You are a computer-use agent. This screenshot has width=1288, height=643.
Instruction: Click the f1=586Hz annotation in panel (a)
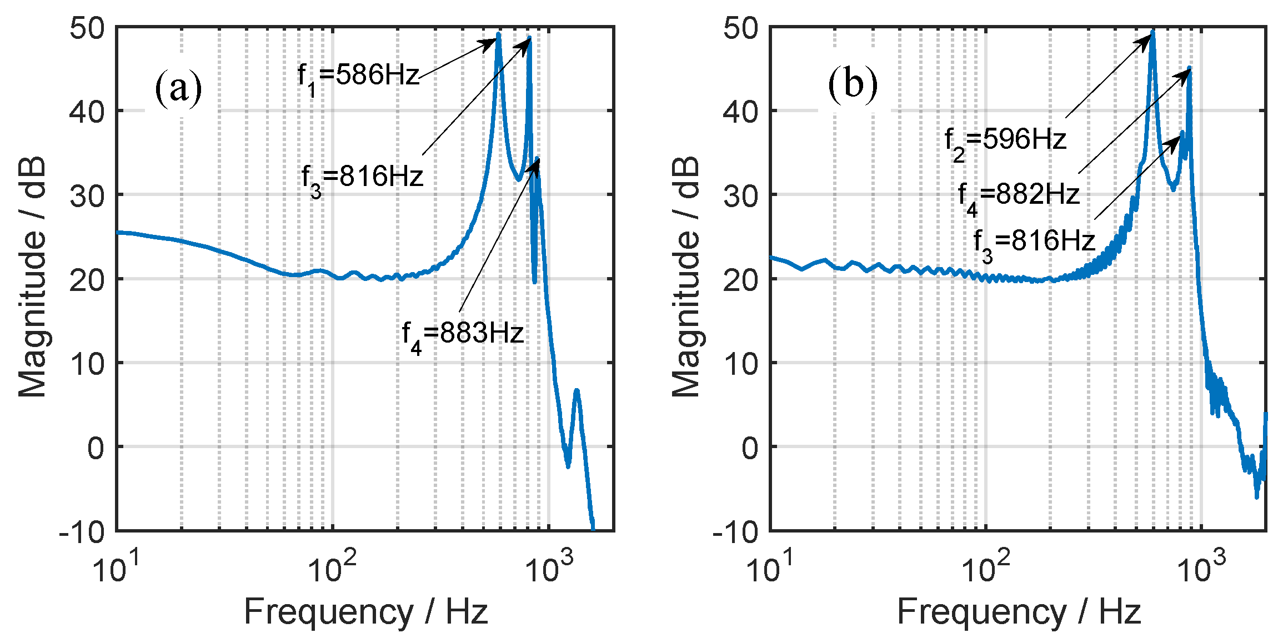point(358,77)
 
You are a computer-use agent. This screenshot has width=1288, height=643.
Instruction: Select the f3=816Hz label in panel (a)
point(362,178)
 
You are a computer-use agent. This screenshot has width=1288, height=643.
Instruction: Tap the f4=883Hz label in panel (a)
point(463,335)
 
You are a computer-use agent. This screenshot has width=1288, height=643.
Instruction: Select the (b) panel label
point(853,85)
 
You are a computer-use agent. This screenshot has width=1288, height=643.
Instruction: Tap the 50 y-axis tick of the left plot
point(87,28)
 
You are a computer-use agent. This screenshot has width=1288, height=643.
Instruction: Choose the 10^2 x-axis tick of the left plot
point(332,567)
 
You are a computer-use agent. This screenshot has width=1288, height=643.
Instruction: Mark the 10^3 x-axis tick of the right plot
point(1201,567)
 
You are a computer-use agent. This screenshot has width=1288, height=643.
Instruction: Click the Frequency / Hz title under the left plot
point(365,612)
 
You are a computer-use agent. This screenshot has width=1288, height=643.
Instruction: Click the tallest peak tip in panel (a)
point(498,34)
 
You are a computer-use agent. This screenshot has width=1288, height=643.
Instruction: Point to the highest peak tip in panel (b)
point(1153,32)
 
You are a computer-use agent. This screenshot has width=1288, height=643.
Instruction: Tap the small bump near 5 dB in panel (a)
point(577,391)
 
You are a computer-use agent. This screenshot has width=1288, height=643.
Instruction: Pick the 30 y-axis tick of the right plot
point(740,195)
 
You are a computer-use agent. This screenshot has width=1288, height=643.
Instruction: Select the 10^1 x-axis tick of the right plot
point(770,567)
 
